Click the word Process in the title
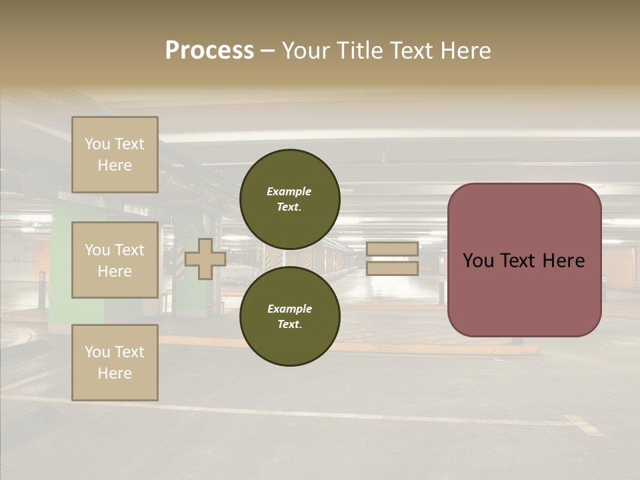click(x=209, y=51)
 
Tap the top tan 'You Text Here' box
click(x=115, y=155)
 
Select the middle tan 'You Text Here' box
click(x=115, y=260)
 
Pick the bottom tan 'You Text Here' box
click(x=115, y=362)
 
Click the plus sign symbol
click(x=205, y=259)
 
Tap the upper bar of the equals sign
click(x=392, y=249)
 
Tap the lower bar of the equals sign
click(x=392, y=268)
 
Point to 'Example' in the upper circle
click(x=289, y=191)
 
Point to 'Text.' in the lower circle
click(x=289, y=324)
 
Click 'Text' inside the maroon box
click(x=524, y=261)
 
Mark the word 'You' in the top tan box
click(x=97, y=144)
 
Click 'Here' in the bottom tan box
click(x=115, y=373)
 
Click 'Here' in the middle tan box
click(x=115, y=271)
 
